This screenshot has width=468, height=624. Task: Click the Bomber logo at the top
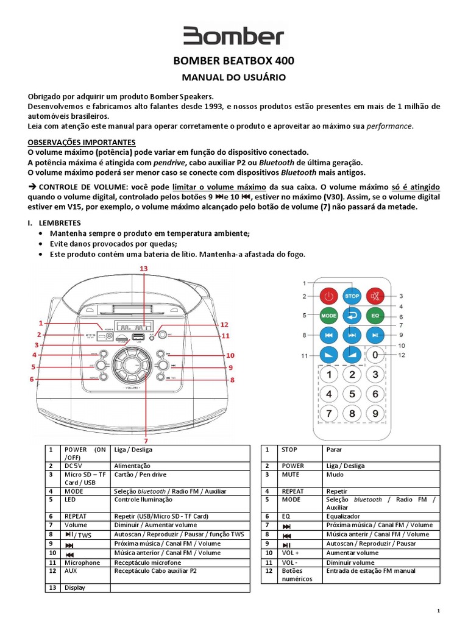(234, 37)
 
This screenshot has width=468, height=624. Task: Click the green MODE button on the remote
(328, 316)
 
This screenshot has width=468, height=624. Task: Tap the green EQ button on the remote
(375, 316)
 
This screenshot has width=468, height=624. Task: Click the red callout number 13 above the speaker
(144, 269)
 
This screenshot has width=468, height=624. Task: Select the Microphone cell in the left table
(82, 562)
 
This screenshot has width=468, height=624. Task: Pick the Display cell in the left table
(75, 587)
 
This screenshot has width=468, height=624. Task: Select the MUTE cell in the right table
(290, 473)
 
